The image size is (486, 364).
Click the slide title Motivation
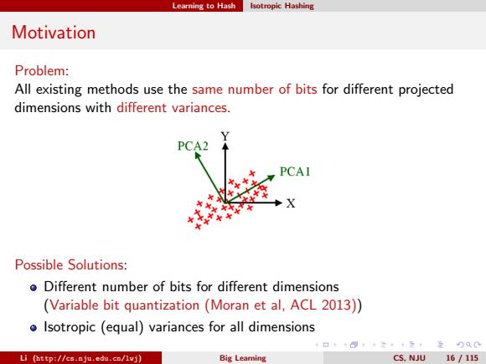pyautogui.click(x=54, y=32)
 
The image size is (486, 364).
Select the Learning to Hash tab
pyautogui.click(x=204, y=6)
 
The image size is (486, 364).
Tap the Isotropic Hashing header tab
pyautogui.click(x=282, y=6)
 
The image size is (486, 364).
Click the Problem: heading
pyautogui.click(x=42, y=70)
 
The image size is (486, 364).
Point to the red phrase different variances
pyautogui.click(x=172, y=108)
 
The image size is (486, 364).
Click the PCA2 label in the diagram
pyautogui.click(x=193, y=146)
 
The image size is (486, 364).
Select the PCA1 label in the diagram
pyautogui.click(x=295, y=172)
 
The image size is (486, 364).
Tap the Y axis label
pyautogui.click(x=225, y=136)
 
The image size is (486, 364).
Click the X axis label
pyautogui.click(x=291, y=203)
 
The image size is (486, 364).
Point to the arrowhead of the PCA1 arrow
pyautogui.click(x=271, y=177)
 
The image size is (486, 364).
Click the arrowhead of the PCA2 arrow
pyautogui.click(x=197, y=155)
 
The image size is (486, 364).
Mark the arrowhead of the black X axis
pyautogui.click(x=279, y=203)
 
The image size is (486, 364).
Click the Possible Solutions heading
pyautogui.click(x=71, y=265)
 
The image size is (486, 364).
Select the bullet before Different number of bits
pyautogui.click(x=34, y=288)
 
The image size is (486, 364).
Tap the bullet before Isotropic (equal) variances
pyautogui.click(x=34, y=328)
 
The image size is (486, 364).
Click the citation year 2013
pyautogui.click(x=339, y=305)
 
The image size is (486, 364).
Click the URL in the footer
pyautogui.click(x=87, y=358)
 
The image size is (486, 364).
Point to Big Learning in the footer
pyautogui.click(x=243, y=358)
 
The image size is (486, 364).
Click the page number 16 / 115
pyautogui.click(x=463, y=358)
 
